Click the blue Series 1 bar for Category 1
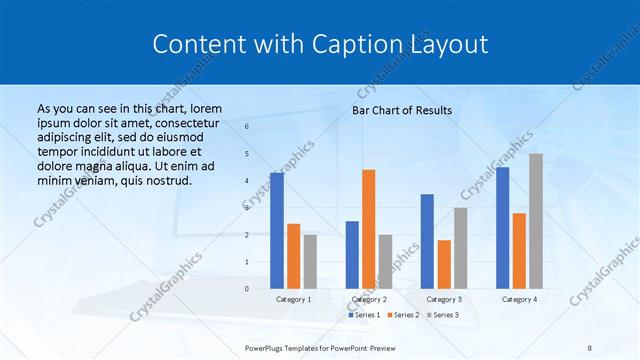(277, 231)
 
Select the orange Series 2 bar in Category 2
(368, 229)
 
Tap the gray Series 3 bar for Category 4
(536, 221)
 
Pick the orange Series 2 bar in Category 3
(444, 264)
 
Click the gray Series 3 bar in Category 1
(310, 262)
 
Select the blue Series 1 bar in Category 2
(352, 255)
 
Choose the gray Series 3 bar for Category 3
(460, 248)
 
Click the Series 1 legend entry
(365, 315)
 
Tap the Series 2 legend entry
(403, 315)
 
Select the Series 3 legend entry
(443, 315)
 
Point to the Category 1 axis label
(293, 299)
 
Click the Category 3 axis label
(444, 299)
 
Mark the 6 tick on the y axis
(248, 127)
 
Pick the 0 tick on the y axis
(248, 289)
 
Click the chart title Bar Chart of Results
(402, 110)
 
